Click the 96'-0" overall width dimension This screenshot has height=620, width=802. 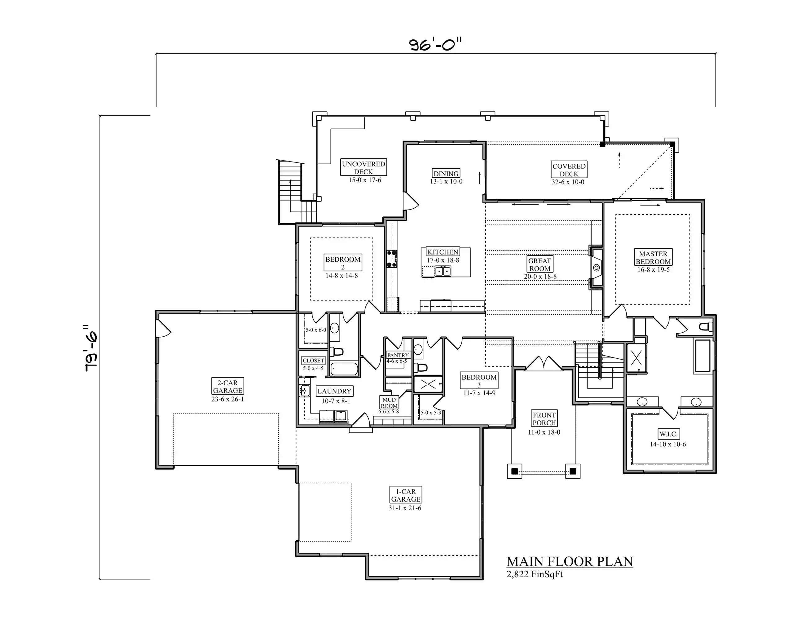point(435,44)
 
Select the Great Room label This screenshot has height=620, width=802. point(540,264)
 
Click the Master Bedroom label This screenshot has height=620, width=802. point(653,258)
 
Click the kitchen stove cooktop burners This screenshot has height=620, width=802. point(392,259)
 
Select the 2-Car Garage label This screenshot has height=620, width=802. point(228,386)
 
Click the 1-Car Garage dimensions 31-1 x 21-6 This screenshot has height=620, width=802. point(405,508)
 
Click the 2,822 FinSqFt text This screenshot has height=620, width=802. point(535,574)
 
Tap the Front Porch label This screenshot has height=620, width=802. point(544,419)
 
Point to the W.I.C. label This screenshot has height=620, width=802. point(668,434)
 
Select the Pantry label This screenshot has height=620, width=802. point(398,355)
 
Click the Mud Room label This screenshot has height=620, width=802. point(389,403)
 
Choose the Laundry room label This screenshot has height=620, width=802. point(335,391)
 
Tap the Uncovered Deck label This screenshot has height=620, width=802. point(364,168)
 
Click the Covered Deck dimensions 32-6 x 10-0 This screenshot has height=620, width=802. point(568,182)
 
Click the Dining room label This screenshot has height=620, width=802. point(446,173)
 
